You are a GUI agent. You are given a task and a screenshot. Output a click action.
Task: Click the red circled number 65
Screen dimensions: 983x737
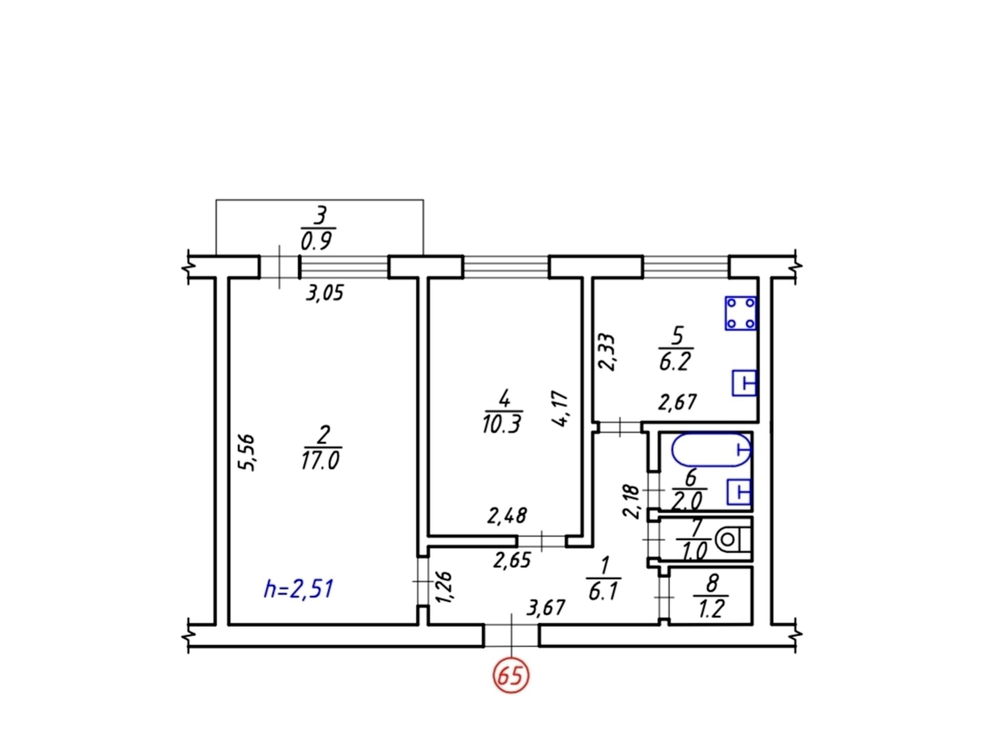coord(510,676)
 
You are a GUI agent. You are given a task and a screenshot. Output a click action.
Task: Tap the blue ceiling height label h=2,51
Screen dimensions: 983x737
coord(298,589)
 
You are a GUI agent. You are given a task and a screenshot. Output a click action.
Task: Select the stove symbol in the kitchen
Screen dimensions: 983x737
coord(741,313)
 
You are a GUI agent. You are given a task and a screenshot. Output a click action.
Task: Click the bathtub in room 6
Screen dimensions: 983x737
coord(711,450)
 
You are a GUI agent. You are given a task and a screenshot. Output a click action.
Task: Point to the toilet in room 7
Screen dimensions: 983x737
coord(733,540)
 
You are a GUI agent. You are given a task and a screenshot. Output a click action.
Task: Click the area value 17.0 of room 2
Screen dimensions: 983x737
coord(320,461)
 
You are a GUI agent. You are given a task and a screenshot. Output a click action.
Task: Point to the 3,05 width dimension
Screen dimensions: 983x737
coord(325,293)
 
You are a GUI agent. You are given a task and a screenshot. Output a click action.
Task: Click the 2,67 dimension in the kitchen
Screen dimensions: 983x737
coord(677,402)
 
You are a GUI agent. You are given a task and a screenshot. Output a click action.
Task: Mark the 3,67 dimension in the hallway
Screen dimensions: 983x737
coord(546,608)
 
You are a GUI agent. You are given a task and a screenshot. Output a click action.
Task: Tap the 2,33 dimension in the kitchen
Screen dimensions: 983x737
coord(607,352)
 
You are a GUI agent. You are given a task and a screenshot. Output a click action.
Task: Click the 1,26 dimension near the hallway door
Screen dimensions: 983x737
coord(443,587)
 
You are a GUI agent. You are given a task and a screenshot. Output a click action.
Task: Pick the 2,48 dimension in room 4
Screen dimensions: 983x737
coord(507,516)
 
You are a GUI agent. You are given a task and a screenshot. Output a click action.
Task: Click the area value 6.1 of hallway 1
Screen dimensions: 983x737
coord(604,592)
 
